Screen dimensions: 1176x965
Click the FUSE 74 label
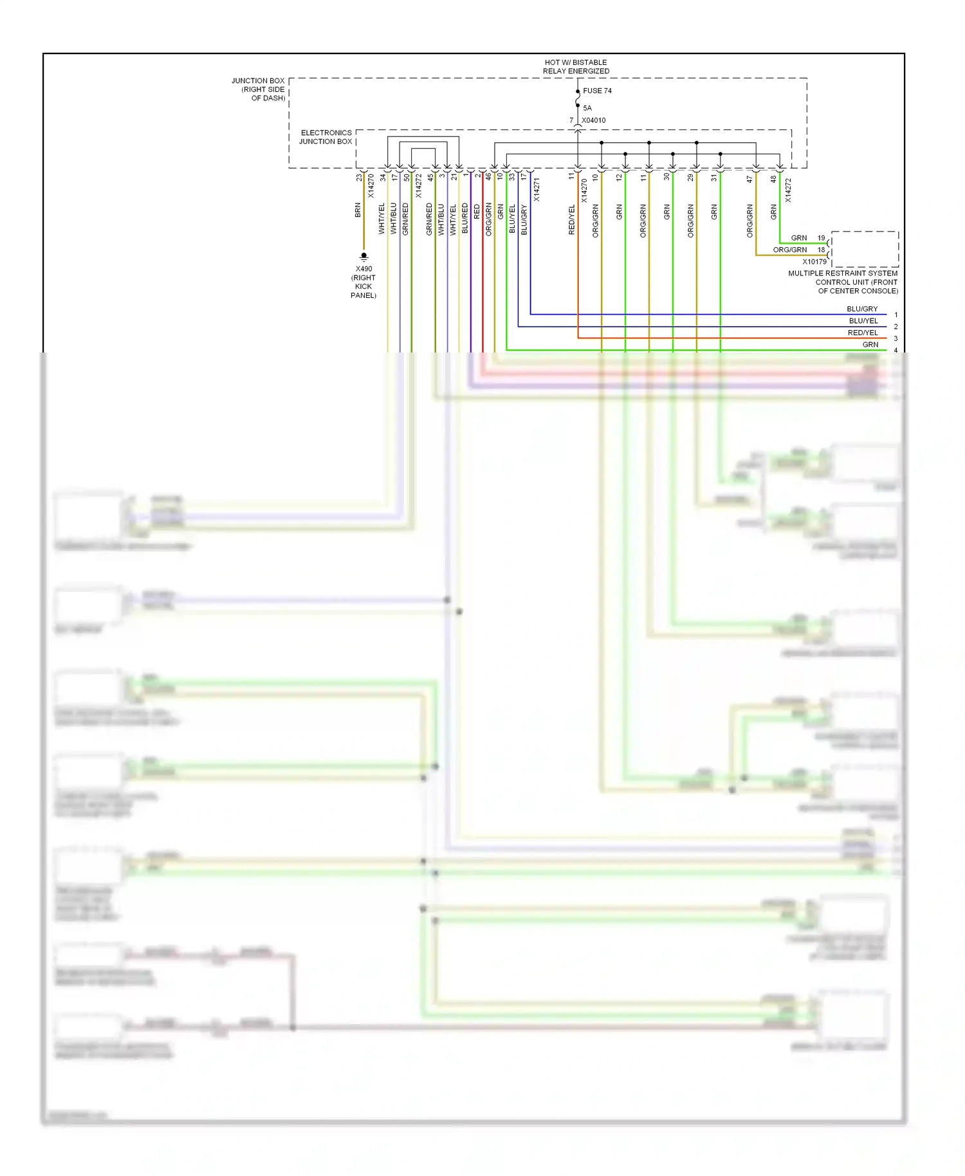597,91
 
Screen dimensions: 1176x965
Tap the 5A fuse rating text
587,108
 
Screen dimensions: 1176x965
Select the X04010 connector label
593,120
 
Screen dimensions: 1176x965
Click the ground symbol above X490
363,257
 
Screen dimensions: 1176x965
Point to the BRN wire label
358,210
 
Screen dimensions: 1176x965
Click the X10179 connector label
814,262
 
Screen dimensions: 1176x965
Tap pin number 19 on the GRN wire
821,238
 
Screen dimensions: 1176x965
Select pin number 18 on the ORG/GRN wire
821,250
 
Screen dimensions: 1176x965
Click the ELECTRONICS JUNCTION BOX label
326,137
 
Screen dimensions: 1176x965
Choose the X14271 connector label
537,190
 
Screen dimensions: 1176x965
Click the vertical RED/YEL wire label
571,219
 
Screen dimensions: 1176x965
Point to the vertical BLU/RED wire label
465,218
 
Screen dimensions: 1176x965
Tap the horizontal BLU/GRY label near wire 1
861,309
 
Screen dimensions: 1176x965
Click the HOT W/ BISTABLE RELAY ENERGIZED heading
576,67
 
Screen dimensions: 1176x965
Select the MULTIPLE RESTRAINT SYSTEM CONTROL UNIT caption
843,282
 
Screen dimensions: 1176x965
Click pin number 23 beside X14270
359,178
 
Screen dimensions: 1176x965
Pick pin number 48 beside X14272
773,179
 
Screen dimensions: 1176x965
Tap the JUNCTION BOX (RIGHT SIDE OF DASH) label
259,89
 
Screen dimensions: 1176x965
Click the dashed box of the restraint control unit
865,249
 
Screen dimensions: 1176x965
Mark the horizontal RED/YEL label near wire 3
862,333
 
